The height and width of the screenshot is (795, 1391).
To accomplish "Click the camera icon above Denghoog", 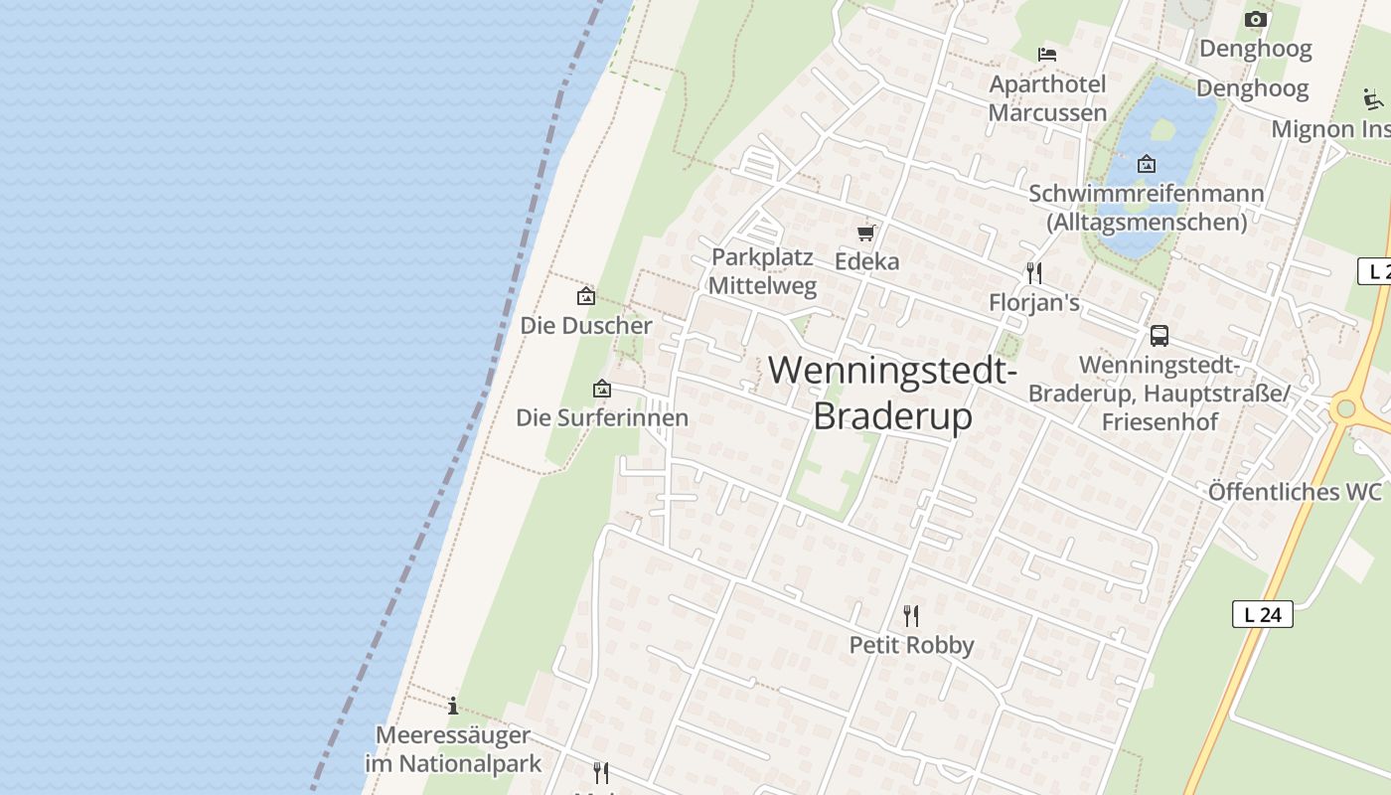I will pos(1256,20).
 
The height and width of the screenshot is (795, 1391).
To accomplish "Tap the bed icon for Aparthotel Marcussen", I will pos(1046,54).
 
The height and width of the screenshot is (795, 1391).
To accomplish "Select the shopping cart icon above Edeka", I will pos(866,234).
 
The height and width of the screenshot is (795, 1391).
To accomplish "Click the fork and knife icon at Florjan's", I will pos(1034,272).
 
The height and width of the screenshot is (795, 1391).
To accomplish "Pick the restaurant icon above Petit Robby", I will pos(910,616).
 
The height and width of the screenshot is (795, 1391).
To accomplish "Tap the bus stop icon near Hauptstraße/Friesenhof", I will pos(1159,336).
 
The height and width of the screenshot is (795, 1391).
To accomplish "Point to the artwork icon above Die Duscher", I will pos(586,296).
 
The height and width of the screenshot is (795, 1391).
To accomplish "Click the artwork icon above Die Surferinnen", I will pos(601,389).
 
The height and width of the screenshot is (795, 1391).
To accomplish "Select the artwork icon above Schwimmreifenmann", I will pos(1146,164).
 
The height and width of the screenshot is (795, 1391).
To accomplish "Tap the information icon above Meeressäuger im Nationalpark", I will pos(453,707).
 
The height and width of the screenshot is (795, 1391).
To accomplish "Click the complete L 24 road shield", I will pos(1262,614).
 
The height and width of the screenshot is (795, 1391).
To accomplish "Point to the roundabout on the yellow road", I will pos(1346,408).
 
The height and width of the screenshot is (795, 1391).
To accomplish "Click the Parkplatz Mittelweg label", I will pos(762,272).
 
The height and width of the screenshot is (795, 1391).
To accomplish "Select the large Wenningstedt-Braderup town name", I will pos(892,393).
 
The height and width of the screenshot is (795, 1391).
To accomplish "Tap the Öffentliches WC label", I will pos(1295,492).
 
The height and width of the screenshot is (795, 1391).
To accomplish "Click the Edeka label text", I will pos(866,261).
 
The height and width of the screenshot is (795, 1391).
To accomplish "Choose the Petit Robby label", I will pos(911,645).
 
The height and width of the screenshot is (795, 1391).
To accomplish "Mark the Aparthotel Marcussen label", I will pos(1047,98).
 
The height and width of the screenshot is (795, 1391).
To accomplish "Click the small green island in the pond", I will pos(1162,129).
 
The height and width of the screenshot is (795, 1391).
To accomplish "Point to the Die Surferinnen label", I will pos(602,417).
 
